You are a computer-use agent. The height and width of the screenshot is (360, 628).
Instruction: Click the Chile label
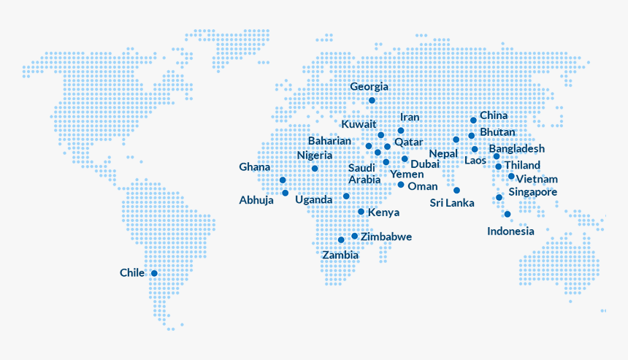coord(132,273)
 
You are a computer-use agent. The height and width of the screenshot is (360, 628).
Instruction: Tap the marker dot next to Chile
coord(154,273)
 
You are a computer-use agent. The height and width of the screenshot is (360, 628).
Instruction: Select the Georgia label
coord(369,87)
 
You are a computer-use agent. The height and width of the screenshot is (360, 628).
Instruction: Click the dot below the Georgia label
coord(372,100)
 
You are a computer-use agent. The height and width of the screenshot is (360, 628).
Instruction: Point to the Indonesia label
coord(510,231)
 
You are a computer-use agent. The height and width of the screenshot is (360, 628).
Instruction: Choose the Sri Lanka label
coord(451,203)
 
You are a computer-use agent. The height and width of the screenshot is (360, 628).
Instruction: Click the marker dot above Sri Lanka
coord(456,191)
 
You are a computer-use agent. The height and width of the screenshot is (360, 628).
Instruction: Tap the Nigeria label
coord(315,156)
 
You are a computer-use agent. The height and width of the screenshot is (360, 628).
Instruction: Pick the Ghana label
coord(254,167)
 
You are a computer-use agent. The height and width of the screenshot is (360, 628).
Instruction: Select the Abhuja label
coord(256,200)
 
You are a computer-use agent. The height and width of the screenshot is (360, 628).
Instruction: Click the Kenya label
coord(383,212)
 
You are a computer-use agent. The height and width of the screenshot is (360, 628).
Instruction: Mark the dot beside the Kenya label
coord(361,212)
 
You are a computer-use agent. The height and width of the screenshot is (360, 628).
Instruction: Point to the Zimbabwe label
coord(386,237)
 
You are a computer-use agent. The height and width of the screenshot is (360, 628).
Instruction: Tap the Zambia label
coord(340,256)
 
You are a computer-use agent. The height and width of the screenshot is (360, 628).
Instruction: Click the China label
coord(494,115)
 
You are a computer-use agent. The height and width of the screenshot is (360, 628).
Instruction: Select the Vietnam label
coord(537,179)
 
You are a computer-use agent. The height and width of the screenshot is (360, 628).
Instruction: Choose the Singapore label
coord(533,192)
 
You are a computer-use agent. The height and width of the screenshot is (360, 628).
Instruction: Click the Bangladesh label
coord(517,149)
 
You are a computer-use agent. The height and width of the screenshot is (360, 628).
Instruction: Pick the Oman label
coord(423,186)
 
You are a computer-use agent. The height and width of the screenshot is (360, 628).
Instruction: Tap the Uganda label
coord(314,200)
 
